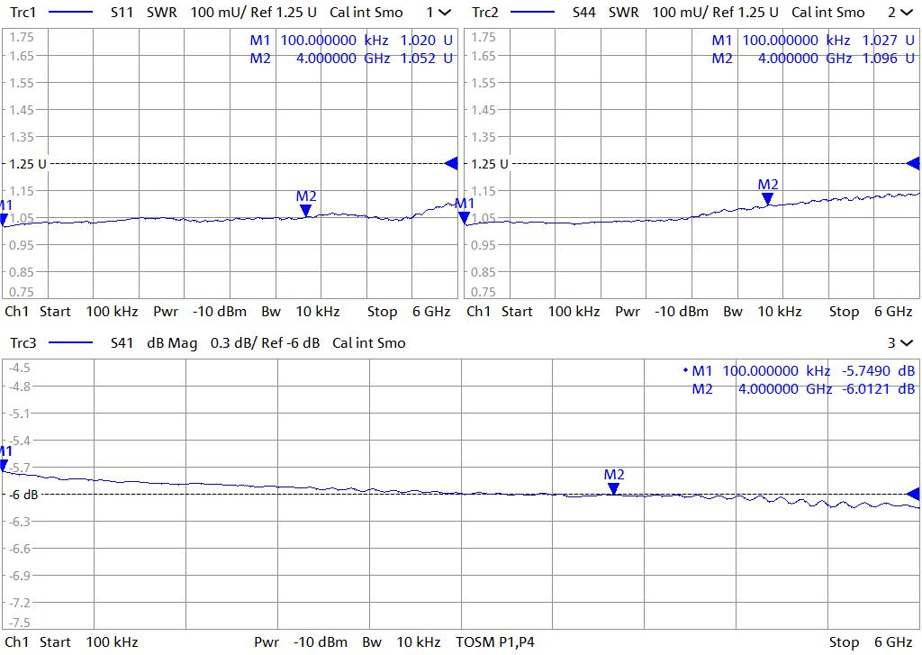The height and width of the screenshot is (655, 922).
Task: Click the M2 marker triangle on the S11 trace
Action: [306, 210]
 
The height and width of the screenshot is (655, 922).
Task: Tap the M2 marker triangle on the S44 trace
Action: [767, 199]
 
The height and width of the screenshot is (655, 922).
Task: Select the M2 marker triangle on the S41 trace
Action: [613, 488]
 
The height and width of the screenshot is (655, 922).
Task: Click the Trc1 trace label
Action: [23, 13]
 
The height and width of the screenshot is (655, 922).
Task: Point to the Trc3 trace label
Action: [23, 342]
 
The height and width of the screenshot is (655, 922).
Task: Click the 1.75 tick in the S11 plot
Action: [22, 37]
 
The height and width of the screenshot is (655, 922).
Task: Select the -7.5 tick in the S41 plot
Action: [19, 623]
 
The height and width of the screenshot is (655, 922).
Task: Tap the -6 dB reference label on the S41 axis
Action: [24, 494]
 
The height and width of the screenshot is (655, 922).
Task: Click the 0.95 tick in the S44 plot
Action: [484, 245]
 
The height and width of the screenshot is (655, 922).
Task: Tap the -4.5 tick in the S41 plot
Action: [19, 368]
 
